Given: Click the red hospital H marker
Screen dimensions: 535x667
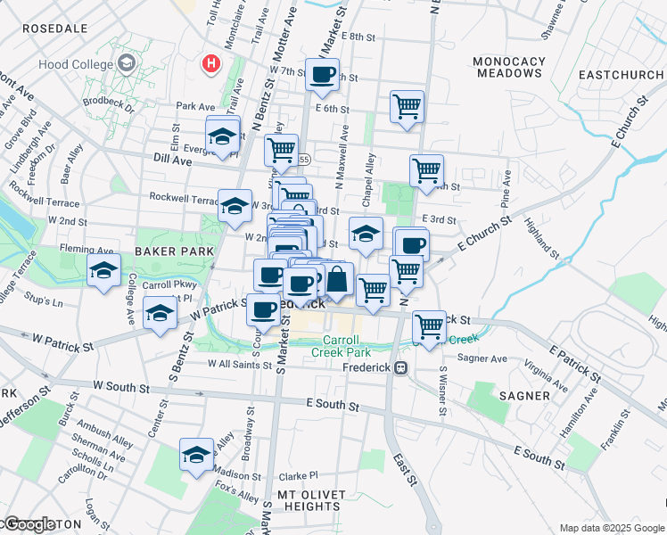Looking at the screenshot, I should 211,63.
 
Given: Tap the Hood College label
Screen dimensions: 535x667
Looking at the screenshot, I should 76,64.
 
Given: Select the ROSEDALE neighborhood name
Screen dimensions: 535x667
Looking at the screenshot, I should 54,29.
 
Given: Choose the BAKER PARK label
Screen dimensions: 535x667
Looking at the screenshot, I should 175,251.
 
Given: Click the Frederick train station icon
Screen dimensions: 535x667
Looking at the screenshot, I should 401,367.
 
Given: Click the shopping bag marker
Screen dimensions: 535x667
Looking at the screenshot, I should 337,279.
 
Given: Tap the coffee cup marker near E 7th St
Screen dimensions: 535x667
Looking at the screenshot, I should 323,74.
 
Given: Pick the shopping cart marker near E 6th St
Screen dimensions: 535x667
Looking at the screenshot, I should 407,107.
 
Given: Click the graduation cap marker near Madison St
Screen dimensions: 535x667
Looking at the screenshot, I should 196,455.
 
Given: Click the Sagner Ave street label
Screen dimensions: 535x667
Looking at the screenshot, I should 482,358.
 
